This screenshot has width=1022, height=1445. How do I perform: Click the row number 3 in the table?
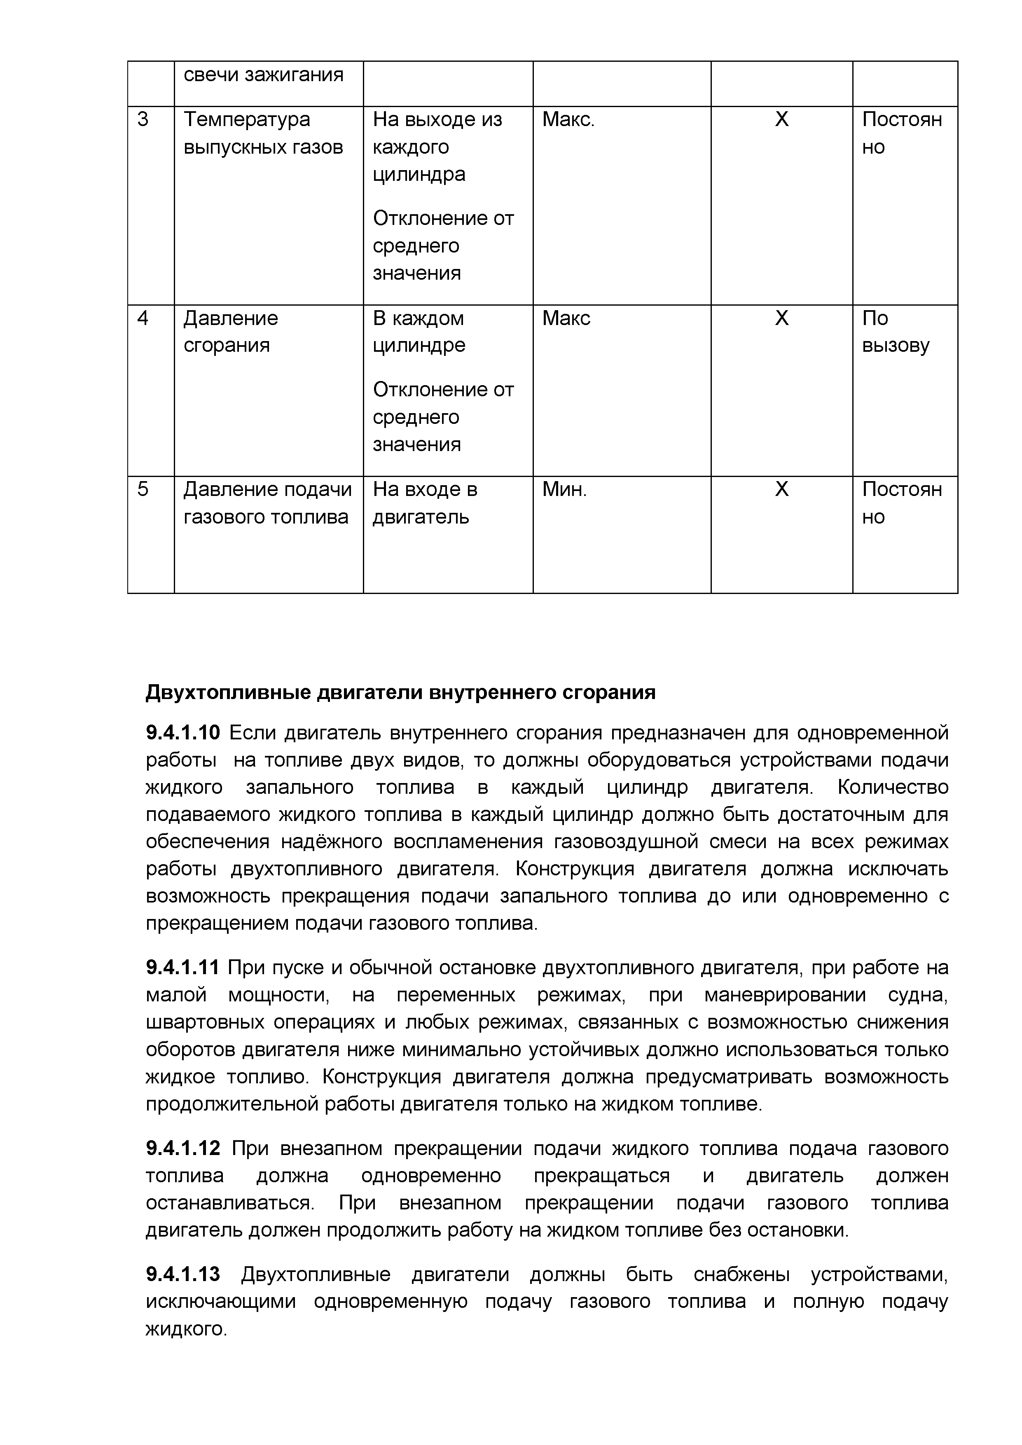143,119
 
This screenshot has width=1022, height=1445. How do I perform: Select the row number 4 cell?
143,318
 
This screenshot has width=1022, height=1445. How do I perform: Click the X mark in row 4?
781,318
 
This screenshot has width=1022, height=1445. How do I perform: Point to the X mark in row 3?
781,119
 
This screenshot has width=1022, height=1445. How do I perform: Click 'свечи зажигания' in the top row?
263,75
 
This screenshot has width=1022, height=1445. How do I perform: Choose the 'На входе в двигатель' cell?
425,503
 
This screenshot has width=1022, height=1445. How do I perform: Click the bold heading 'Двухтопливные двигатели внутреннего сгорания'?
400,692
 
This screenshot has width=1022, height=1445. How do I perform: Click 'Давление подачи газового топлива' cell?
267,503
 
